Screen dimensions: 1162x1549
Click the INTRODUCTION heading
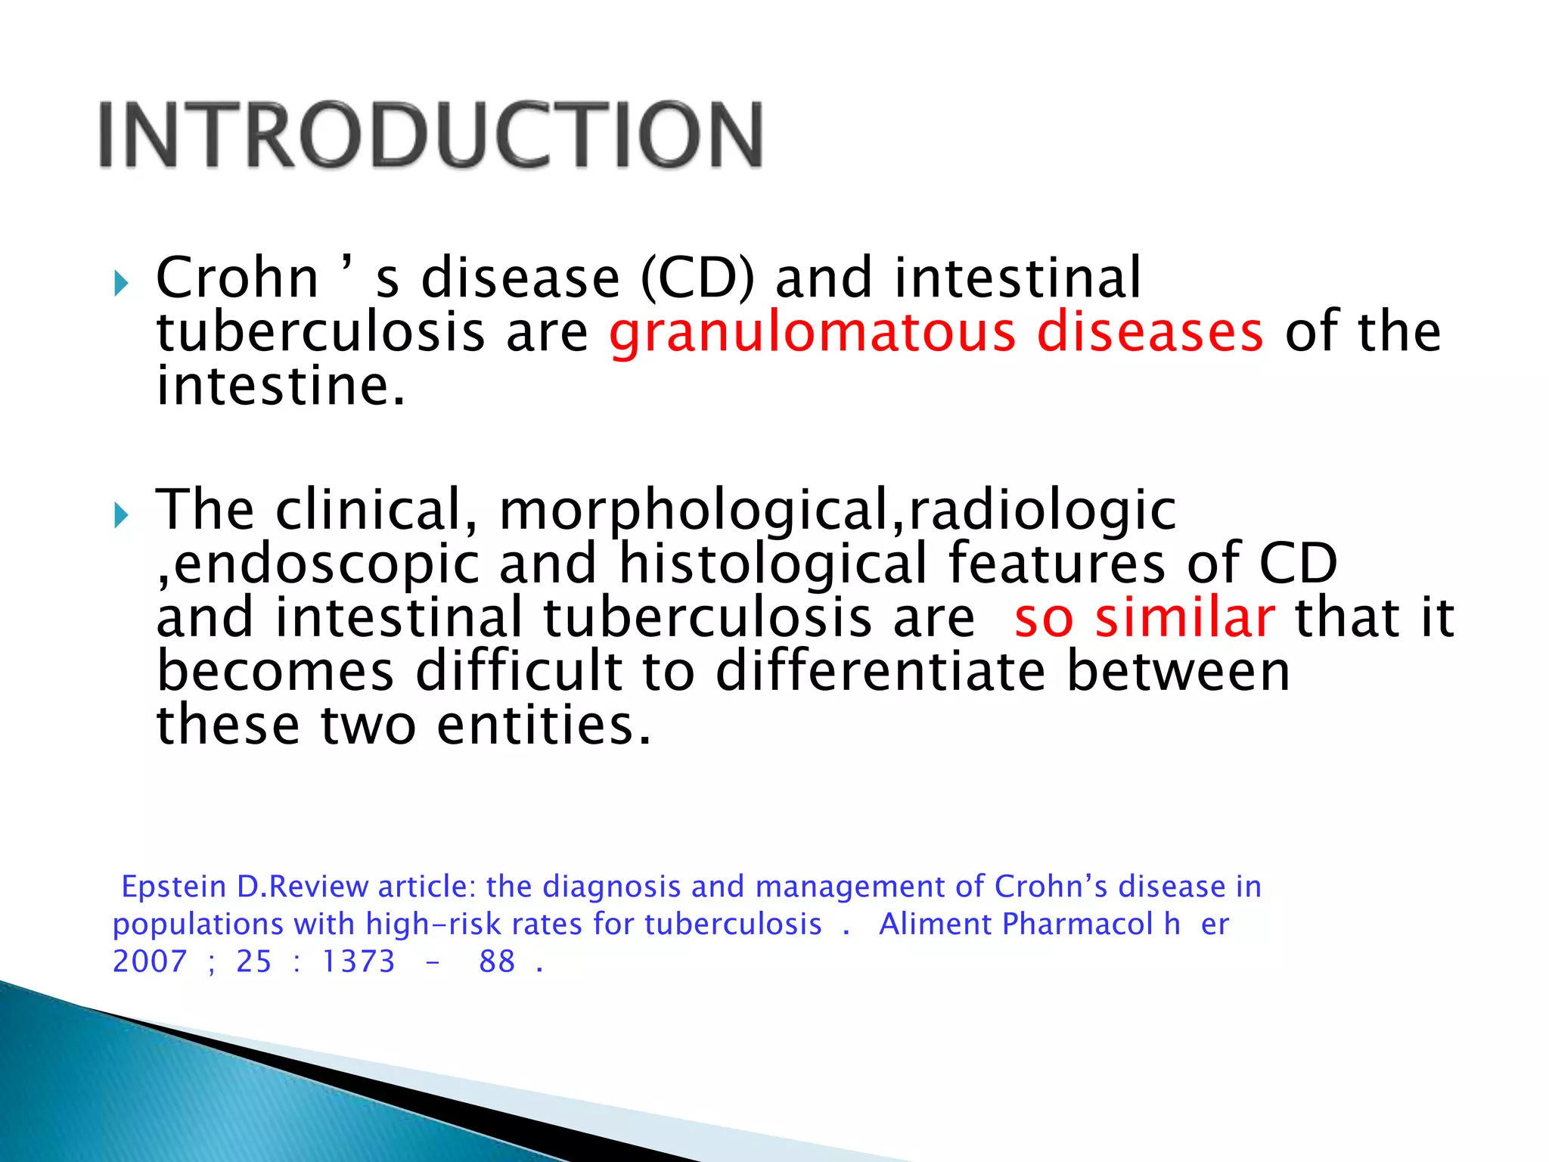coord(430,135)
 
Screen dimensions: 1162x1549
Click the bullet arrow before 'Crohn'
coord(121,284)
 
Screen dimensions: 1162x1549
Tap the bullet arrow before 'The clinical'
coord(121,516)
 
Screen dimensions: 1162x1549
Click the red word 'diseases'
coord(1150,332)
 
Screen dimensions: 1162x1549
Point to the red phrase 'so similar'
coord(1144,618)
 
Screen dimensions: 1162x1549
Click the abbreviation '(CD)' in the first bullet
coord(697,278)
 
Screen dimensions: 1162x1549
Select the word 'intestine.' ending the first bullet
coord(281,387)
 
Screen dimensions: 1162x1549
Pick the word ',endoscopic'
coord(318,565)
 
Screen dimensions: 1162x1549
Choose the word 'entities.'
coord(544,725)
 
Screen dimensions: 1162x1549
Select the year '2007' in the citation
coord(149,962)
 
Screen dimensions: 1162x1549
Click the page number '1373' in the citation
coord(359,962)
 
